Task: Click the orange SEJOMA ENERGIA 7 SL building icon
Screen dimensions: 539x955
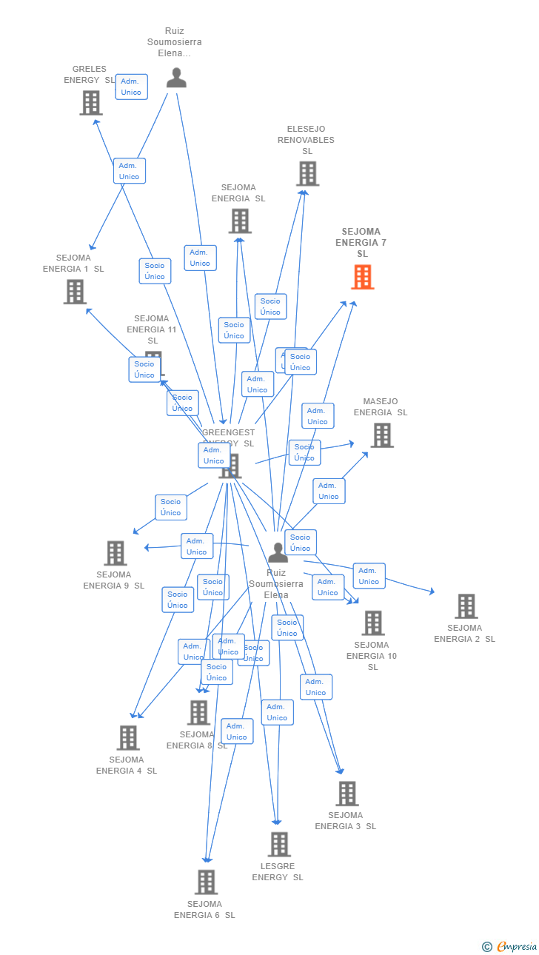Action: tap(362, 277)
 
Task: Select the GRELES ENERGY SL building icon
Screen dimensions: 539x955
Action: tap(91, 103)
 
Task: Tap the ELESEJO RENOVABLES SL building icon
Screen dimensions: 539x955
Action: tap(307, 173)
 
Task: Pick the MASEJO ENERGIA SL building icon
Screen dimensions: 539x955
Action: tap(381, 435)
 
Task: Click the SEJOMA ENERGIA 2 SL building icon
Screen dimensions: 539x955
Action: tap(466, 606)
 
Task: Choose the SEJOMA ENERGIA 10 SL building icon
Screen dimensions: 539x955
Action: tap(373, 623)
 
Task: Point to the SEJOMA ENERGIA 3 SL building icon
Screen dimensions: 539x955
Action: tap(346, 794)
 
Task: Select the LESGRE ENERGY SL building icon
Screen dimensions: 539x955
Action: tap(279, 845)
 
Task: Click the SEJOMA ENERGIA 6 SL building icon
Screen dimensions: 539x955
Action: tap(206, 882)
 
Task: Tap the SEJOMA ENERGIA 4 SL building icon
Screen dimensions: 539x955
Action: tap(128, 738)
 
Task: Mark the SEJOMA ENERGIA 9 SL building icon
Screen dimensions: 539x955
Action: tap(115, 553)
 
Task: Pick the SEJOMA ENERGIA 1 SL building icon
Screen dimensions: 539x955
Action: tap(75, 292)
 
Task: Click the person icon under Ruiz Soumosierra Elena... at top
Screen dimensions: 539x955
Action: tap(176, 78)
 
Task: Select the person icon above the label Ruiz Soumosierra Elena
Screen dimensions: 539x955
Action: tap(278, 552)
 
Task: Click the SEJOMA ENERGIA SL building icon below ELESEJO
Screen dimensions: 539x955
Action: tap(240, 221)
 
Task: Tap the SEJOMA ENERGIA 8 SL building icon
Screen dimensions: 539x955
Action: tap(198, 713)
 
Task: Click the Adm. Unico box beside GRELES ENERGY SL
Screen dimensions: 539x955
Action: tap(131, 87)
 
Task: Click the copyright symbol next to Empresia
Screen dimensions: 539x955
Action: tap(486, 946)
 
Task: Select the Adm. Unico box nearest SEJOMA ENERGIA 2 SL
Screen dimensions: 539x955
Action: tap(369, 576)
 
